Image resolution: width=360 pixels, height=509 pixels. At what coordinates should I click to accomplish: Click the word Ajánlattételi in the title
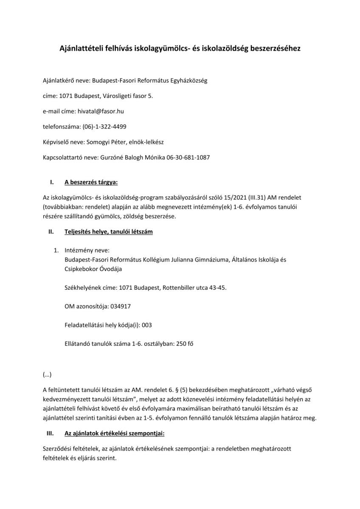click(81, 49)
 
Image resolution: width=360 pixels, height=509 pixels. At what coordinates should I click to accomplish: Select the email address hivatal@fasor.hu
click(101, 111)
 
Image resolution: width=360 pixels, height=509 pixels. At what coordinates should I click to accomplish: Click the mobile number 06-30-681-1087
click(188, 157)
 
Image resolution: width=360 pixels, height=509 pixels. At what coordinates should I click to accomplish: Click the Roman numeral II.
click(51, 232)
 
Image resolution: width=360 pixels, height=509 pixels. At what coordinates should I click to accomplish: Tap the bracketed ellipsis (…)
click(47, 374)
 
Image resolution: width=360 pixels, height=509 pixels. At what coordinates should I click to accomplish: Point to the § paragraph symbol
click(177, 389)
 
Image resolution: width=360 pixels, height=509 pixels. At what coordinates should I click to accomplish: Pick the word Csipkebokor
click(82, 269)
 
